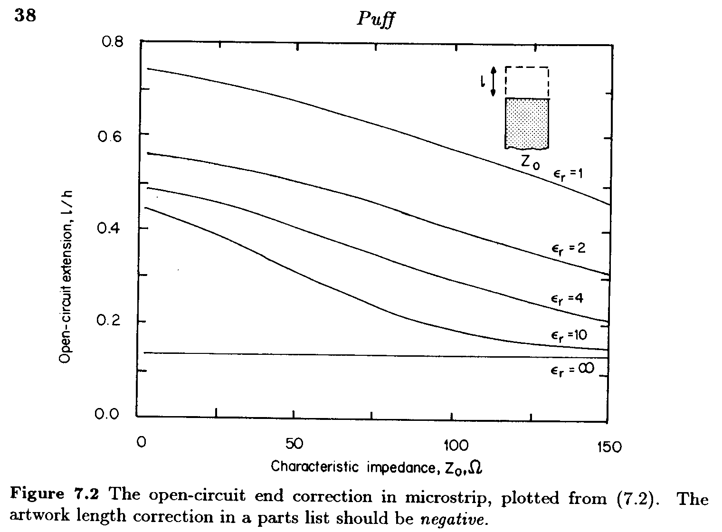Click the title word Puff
375,20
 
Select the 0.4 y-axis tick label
110,228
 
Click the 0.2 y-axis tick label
110,321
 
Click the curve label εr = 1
568,174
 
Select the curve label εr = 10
569,335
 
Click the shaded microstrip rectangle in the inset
527,122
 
